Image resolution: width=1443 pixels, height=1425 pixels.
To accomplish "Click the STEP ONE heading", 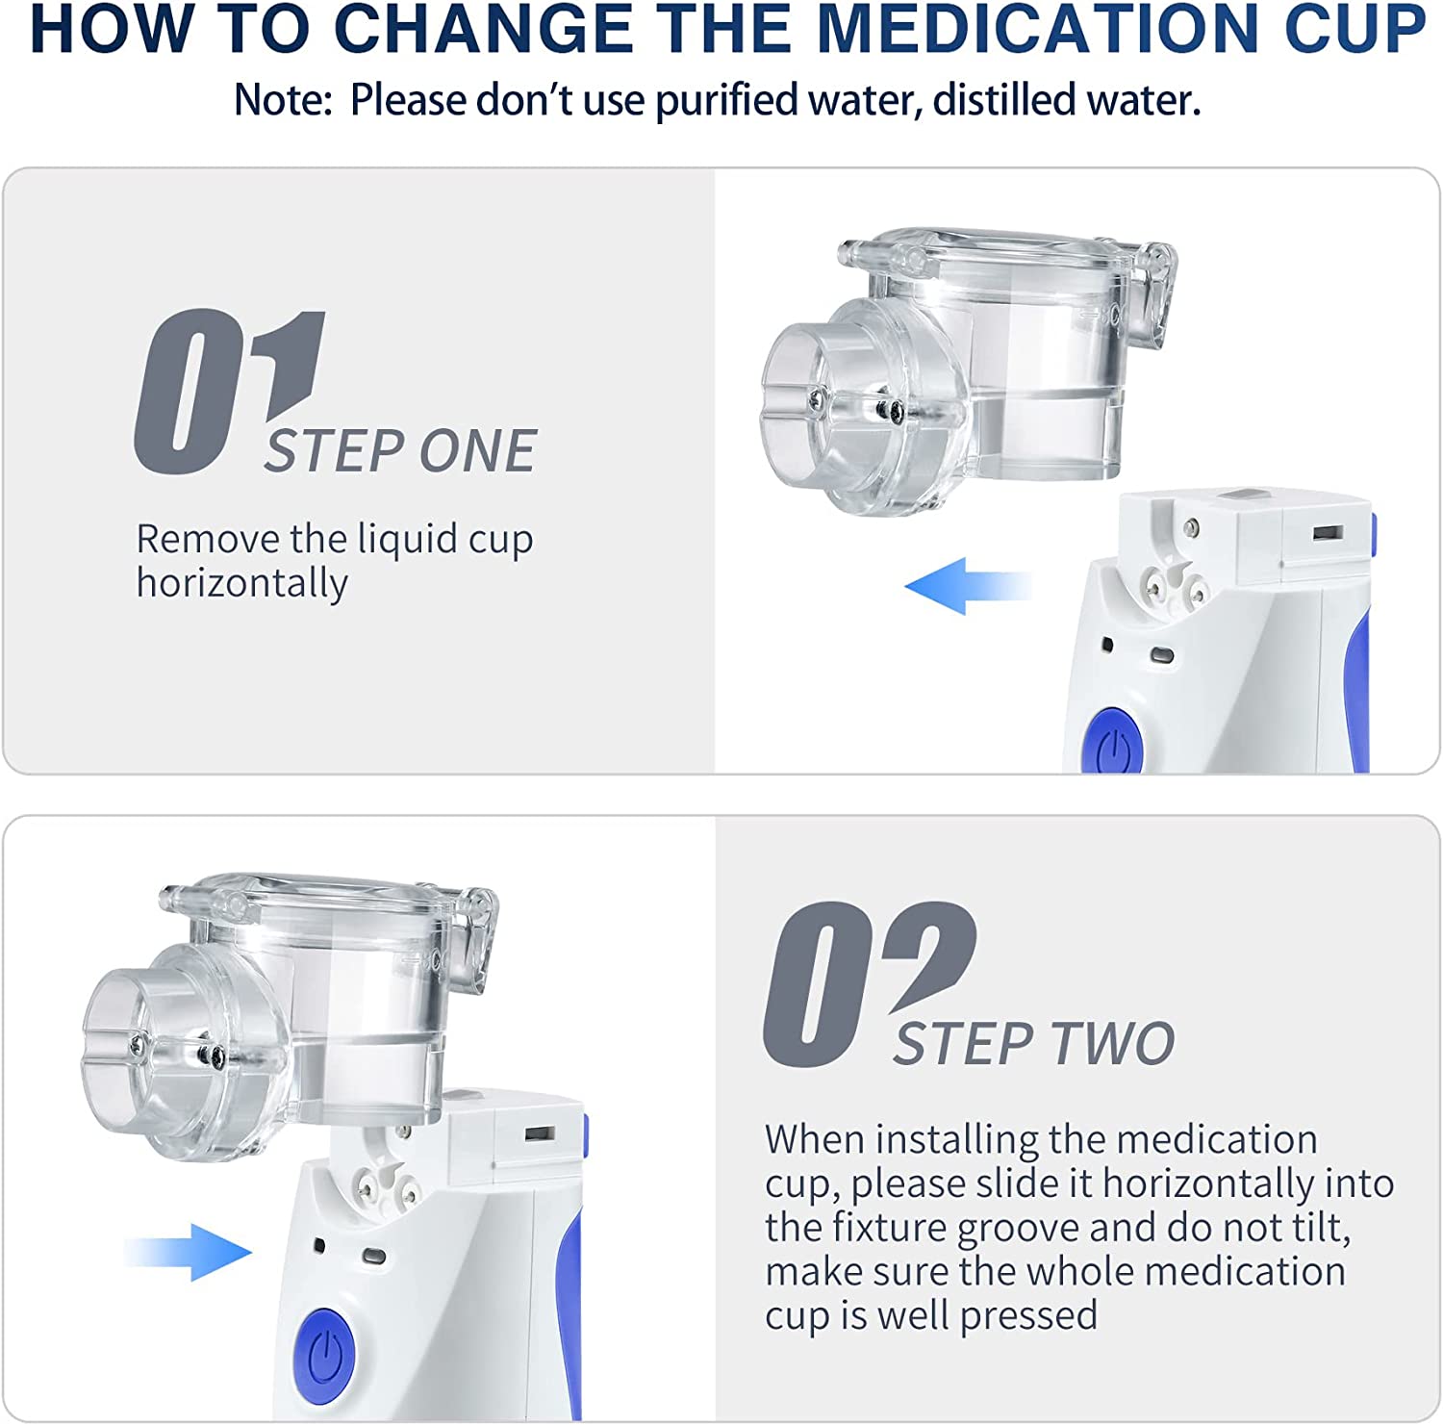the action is [400, 451].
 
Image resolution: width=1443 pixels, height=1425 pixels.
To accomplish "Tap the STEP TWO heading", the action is [1034, 1043].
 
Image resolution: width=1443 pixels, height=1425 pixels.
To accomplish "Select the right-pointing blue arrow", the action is [188, 1252].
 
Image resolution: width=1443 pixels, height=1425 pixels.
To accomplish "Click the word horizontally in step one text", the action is [241, 584].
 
